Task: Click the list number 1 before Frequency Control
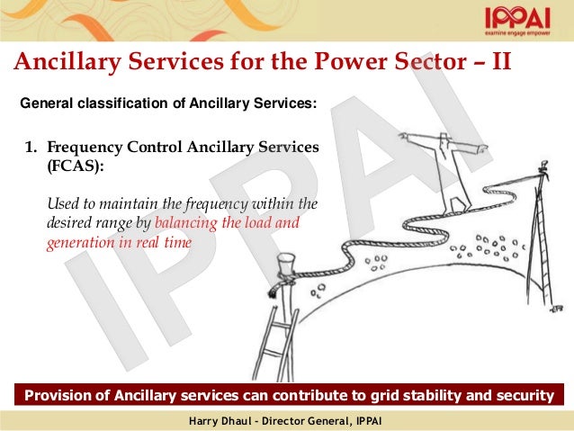(x=29, y=146)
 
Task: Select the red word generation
(x=79, y=243)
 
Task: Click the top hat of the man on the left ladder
(x=287, y=261)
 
